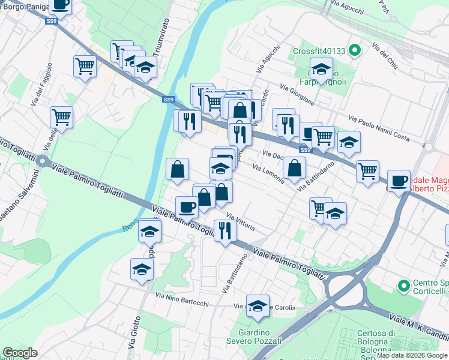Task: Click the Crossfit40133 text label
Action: (x=319, y=51)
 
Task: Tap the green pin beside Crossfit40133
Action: (x=354, y=50)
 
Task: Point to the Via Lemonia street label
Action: (x=268, y=174)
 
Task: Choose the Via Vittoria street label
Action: (x=241, y=221)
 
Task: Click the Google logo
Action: (x=20, y=353)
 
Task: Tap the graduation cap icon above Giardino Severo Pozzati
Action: (x=258, y=306)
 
